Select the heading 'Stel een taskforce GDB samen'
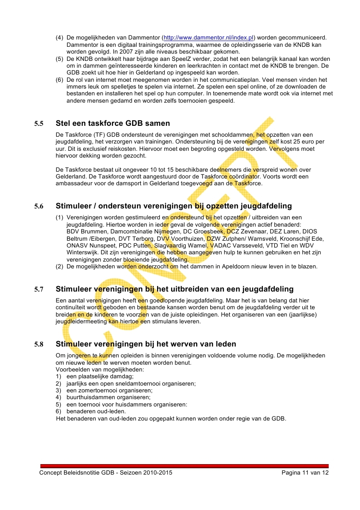(x=113, y=123)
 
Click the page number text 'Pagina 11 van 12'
(x=305, y=473)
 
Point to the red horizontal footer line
(x=184, y=466)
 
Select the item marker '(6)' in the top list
(x=59, y=80)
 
